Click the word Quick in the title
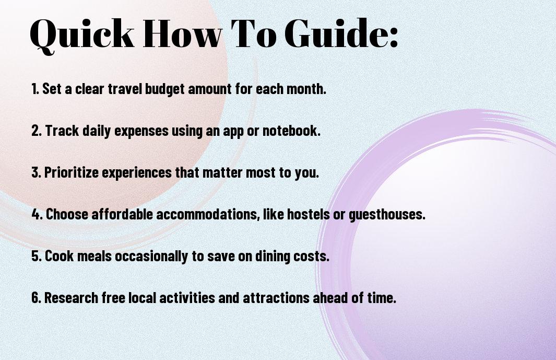(82, 34)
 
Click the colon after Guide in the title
(394, 37)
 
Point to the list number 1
(35, 89)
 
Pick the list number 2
(36, 131)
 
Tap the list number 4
(37, 214)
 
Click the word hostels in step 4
(308, 214)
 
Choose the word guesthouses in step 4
(387, 215)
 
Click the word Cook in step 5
(59, 256)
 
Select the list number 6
(36, 298)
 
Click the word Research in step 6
(71, 298)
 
